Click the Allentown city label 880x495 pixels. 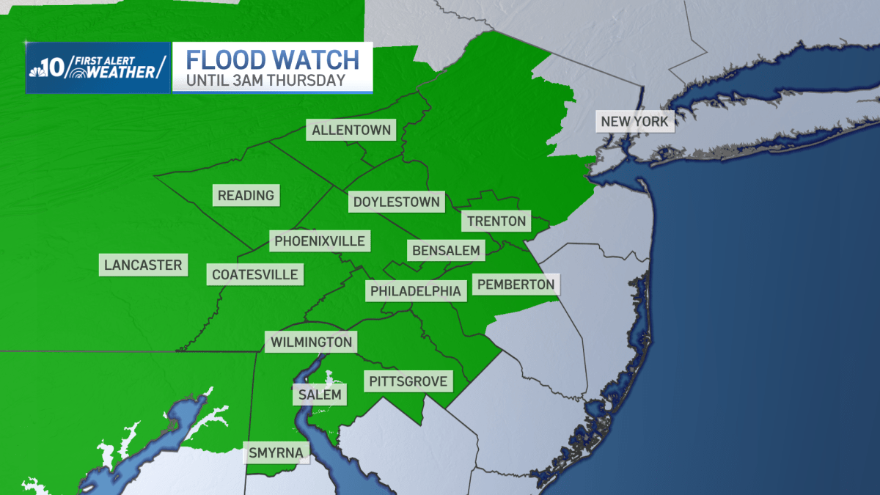(x=352, y=131)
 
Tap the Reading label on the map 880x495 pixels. (x=246, y=195)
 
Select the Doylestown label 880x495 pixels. (x=396, y=202)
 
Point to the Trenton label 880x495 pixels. (x=496, y=221)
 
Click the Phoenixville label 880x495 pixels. (x=319, y=241)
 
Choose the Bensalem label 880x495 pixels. (x=446, y=251)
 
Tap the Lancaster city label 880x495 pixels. (x=143, y=265)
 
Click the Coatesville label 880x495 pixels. (x=255, y=274)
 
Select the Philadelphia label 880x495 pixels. (x=416, y=291)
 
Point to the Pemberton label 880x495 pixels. (x=515, y=284)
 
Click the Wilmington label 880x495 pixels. (x=312, y=342)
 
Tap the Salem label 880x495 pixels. (x=320, y=395)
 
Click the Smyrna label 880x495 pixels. (x=276, y=452)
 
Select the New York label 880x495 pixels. (x=635, y=121)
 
